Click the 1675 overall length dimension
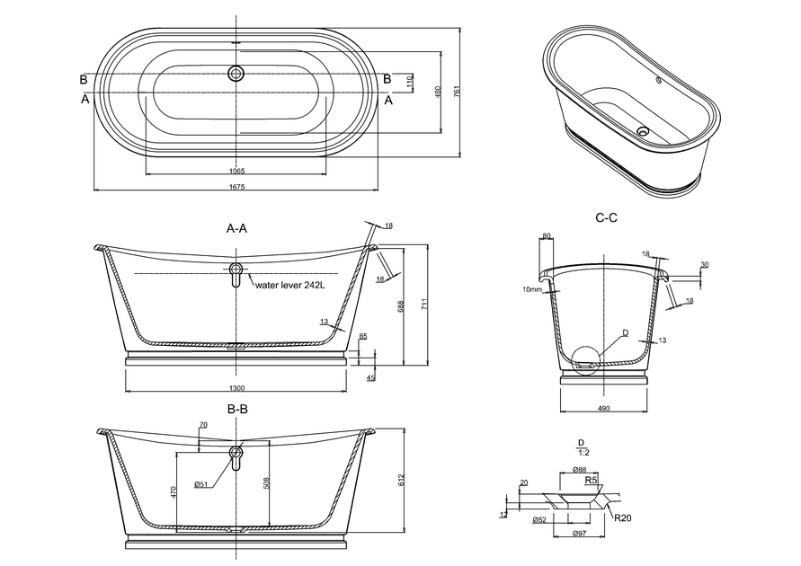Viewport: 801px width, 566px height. pos(237,186)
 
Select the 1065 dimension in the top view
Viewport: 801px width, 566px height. pos(237,170)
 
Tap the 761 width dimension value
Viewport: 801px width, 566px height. pos(457,93)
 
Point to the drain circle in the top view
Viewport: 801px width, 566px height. pos(237,74)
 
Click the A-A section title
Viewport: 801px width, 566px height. pos(237,229)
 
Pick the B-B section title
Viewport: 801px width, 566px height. pos(237,409)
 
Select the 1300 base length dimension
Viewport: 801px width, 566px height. pos(237,388)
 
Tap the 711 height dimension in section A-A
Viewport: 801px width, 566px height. pos(423,304)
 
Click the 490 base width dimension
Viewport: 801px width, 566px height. pos(604,409)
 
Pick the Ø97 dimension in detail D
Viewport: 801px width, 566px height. pos(581,535)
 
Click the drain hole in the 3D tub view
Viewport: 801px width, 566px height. pos(642,131)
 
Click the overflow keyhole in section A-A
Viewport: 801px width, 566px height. pos(236,273)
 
